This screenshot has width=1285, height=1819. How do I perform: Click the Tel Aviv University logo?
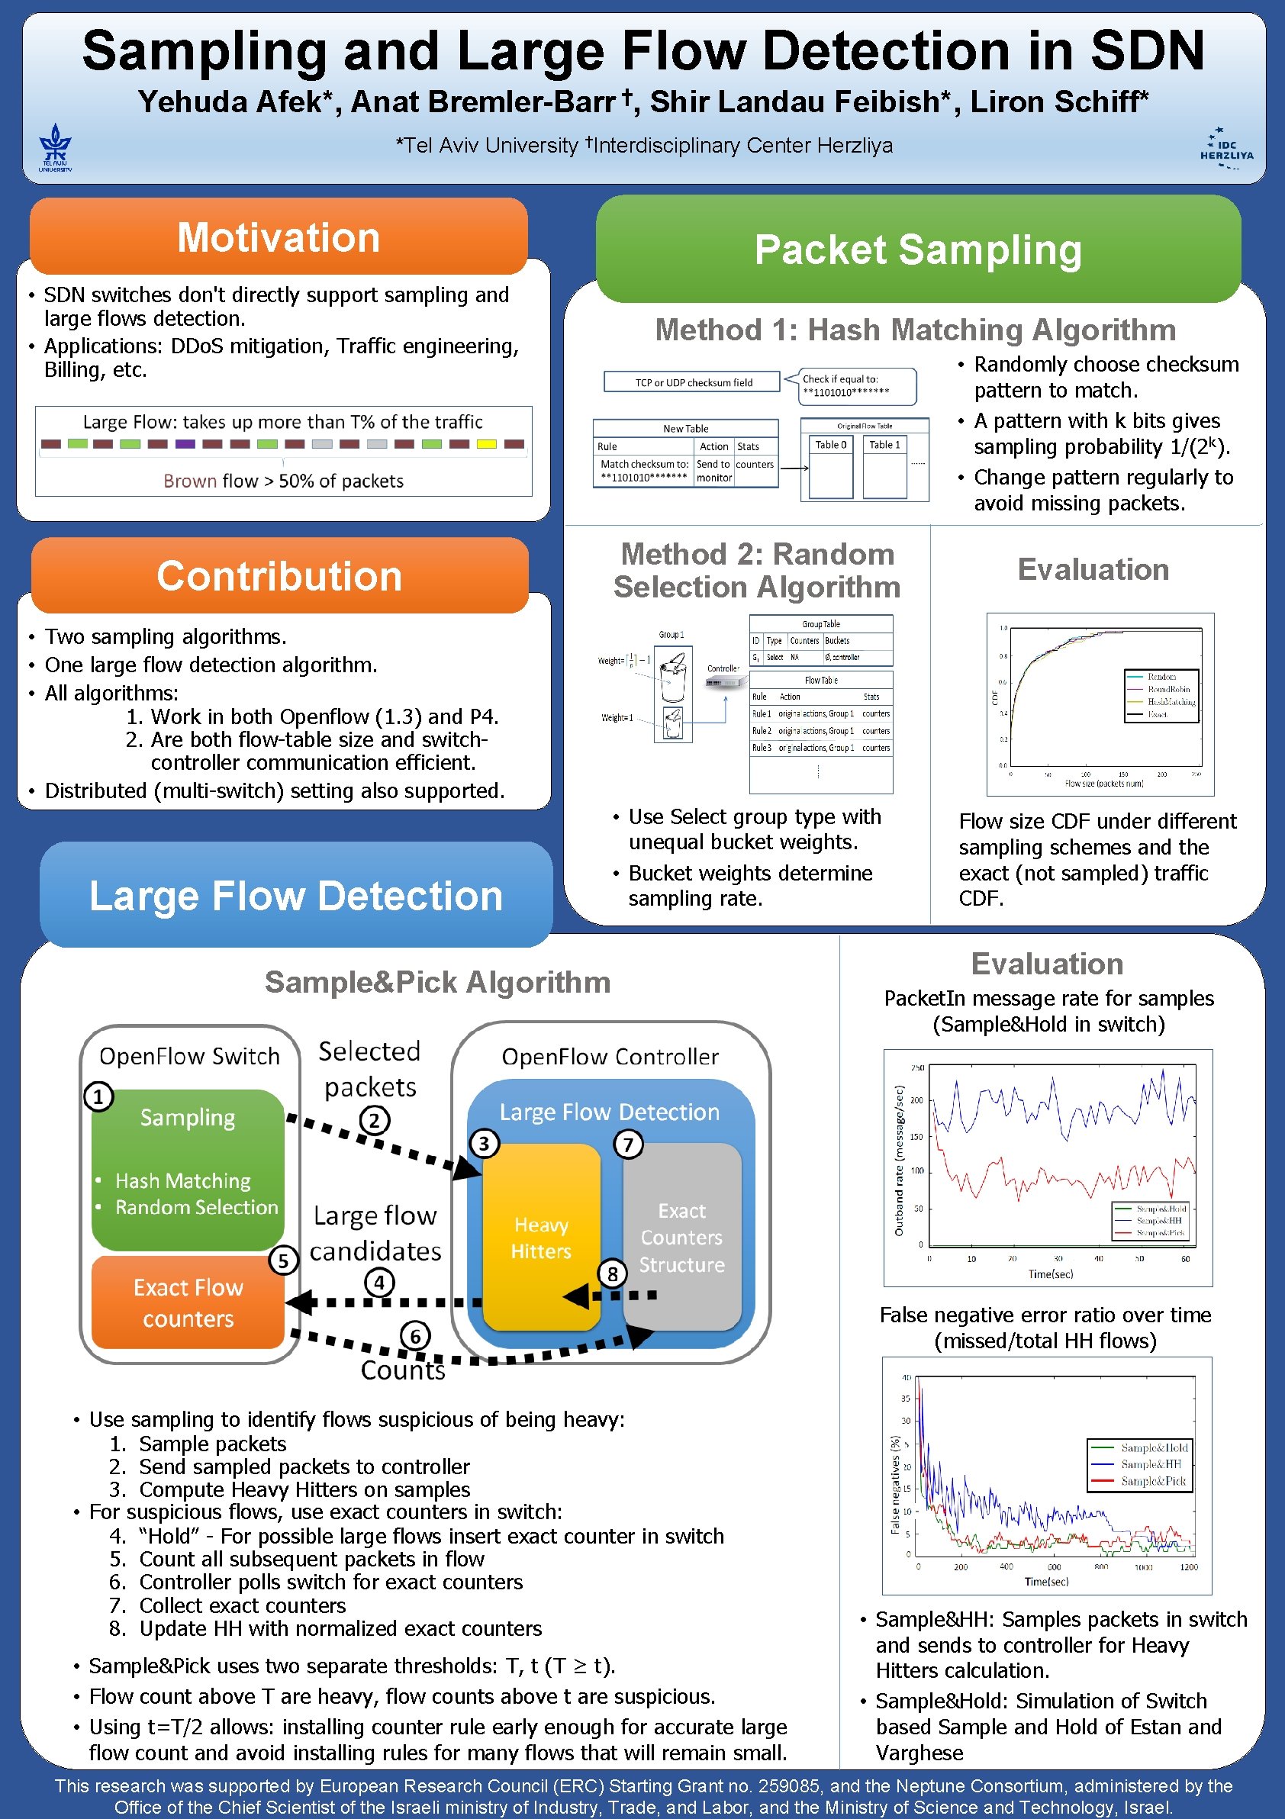pos(56,148)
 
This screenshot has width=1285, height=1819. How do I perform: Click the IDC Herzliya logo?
pos(1226,148)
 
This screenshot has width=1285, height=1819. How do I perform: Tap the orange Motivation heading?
pos(279,237)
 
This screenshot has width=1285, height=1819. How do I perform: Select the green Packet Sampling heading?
pos(918,250)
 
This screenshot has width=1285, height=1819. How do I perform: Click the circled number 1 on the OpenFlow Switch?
pos(99,1096)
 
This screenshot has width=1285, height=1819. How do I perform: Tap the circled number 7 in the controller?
pos(628,1144)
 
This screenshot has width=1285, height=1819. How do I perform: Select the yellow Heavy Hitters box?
pos(541,1238)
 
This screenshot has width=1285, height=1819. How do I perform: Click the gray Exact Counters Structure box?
pos(681,1237)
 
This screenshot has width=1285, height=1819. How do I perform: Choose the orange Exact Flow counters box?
pos(188,1302)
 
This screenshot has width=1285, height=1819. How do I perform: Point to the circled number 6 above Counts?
pos(415,1337)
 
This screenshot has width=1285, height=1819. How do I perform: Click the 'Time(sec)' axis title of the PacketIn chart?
pos(1051,1274)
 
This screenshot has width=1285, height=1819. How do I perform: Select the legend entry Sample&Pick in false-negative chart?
pos(1153,1481)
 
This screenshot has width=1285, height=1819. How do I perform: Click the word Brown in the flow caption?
pos(190,481)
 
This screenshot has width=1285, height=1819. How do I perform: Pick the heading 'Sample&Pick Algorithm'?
pos(437,983)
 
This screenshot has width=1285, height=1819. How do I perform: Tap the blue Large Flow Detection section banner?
pos(295,895)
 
